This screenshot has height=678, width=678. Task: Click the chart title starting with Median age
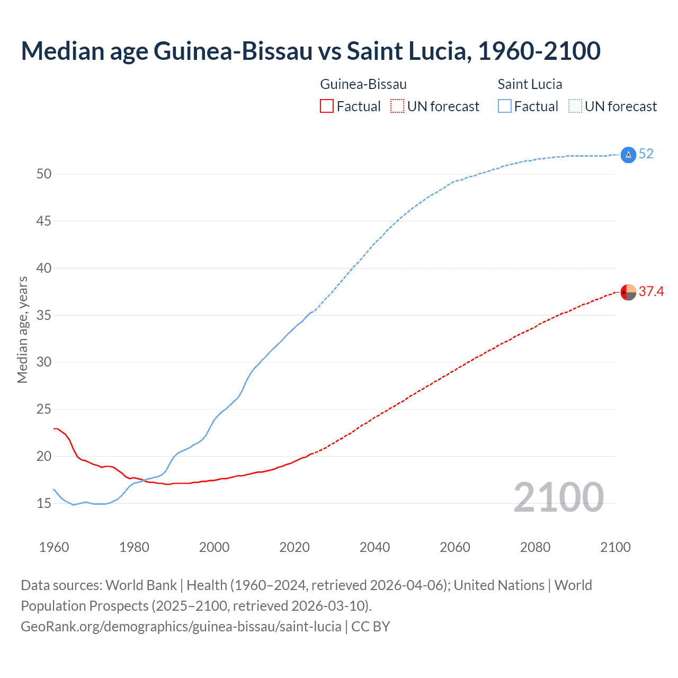(310, 51)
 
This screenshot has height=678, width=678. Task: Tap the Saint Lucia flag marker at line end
(628, 155)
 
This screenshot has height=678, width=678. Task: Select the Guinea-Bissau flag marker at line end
(628, 292)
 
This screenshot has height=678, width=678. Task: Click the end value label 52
(646, 154)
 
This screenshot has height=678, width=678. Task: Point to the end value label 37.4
(651, 292)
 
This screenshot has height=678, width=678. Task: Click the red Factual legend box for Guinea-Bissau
(327, 106)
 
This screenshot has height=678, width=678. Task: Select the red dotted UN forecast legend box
(397, 106)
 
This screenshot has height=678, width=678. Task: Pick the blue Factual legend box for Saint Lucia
(504, 106)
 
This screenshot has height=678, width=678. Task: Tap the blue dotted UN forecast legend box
(575, 106)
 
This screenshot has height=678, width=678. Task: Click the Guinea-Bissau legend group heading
(363, 84)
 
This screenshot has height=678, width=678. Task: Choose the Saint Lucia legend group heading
(530, 84)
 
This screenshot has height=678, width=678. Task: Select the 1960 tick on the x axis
(54, 547)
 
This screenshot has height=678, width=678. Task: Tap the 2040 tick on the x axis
(374, 547)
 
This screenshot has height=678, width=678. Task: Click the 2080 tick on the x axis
(535, 547)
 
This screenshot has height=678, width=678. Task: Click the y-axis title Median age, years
(22, 329)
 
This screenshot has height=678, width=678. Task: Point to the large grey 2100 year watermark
(558, 497)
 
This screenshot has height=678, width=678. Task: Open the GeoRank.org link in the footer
(181, 627)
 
